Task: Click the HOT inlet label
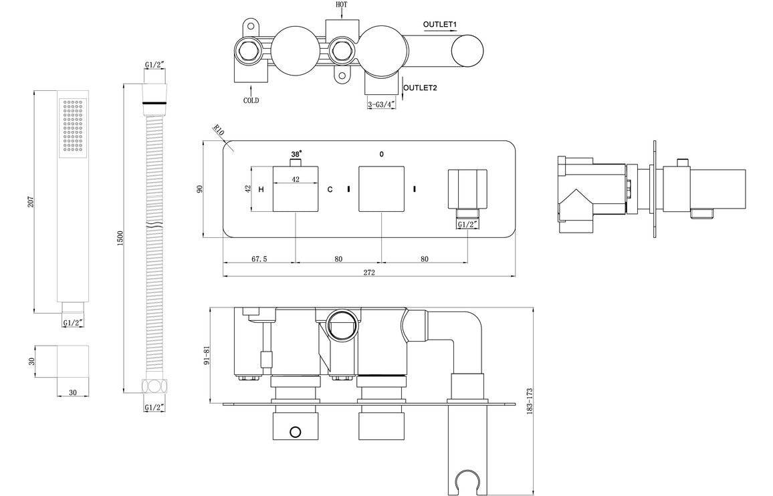[342, 5]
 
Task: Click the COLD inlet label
[251, 101]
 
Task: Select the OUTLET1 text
[439, 25]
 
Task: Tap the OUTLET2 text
[421, 88]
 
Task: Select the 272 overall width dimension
[369, 272]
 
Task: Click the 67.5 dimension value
[259, 259]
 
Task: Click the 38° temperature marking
[296, 154]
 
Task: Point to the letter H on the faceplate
[261, 190]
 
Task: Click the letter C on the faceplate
[330, 190]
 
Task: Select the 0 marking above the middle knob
[381, 154]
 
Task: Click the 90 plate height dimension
[199, 189]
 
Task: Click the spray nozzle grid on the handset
[72, 126]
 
